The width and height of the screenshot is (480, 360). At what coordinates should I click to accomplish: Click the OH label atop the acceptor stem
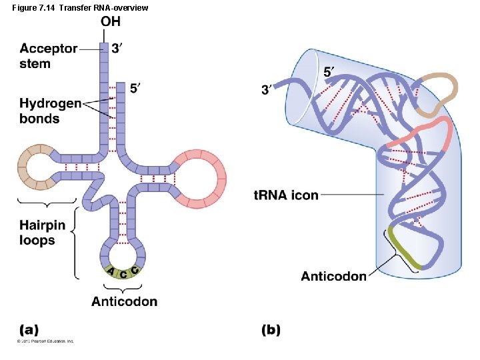click(x=111, y=22)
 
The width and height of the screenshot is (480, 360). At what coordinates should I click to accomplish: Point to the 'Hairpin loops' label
click(x=42, y=232)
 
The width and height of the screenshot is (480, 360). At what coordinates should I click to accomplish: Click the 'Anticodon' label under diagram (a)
click(x=125, y=301)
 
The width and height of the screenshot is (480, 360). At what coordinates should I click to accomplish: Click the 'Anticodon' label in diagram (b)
click(x=333, y=276)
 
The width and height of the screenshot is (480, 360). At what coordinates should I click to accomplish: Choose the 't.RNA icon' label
click(x=287, y=195)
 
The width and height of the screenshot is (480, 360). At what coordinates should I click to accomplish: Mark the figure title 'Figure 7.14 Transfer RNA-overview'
click(x=75, y=7)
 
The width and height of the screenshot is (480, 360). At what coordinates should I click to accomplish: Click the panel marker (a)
click(x=29, y=329)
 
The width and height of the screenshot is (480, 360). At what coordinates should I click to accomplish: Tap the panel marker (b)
click(x=271, y=329)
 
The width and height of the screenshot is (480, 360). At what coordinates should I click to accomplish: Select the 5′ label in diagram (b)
click(x=329, y=71)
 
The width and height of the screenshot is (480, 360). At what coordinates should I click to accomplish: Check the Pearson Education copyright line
click(x=46, y=341)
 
